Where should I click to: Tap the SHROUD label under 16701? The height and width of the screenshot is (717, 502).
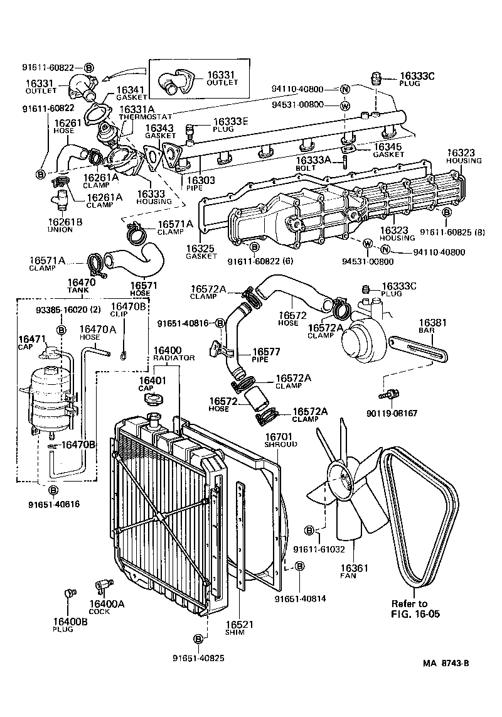[x=280, y=444]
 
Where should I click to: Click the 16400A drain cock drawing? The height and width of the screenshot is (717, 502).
[x=100, y=585]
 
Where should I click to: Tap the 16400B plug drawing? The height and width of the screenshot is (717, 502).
[x=70, y=593]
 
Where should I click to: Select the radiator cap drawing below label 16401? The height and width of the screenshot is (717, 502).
[x=152, y=399]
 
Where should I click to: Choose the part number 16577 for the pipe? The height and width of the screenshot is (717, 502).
[x=265, y=352]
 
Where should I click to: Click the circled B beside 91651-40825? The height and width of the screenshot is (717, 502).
[x=198, y=639]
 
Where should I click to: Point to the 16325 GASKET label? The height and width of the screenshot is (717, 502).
[x=201, y=252]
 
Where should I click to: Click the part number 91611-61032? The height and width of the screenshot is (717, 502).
[x=319, y=549]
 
